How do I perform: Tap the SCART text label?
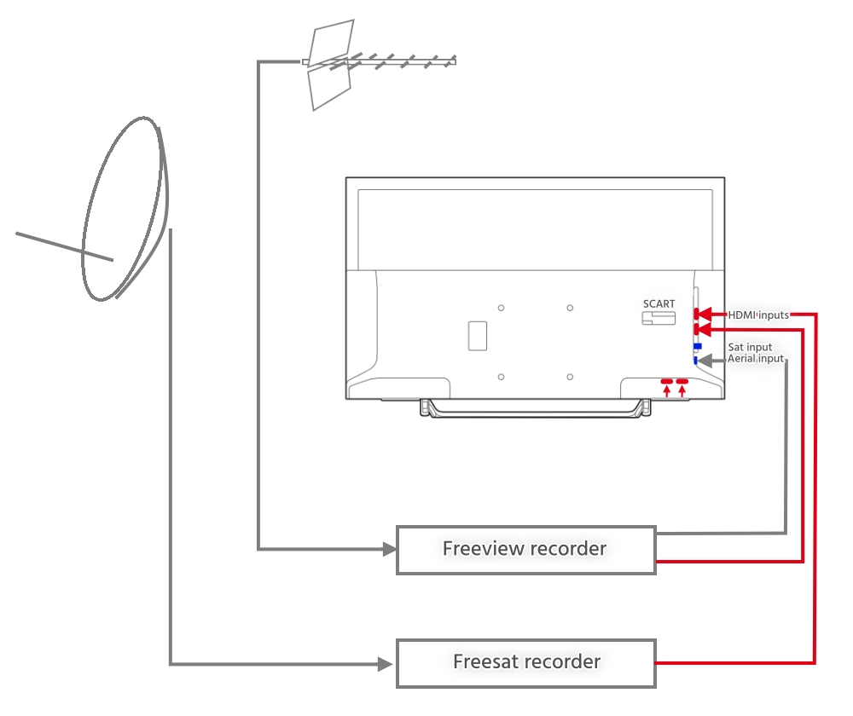pos(659,304)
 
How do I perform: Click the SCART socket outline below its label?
pos(659,318)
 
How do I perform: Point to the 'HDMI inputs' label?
pos(758,315)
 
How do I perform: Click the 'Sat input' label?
pos(750,347)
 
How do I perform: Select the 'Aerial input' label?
pos(756,358)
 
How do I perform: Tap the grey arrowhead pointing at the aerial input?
pos(705,360)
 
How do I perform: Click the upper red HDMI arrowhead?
pos(704,314)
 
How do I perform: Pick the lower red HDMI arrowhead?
pos(704,330)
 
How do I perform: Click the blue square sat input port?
pos(698,346)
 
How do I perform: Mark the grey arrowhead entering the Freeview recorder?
pos(390,549)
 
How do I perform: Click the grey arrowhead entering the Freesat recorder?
pos(386,664)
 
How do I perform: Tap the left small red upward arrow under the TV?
pos(667,390)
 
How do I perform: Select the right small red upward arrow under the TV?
pos(682,390)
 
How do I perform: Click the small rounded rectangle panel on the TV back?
pos(478,336)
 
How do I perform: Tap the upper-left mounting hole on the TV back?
pos(501,308)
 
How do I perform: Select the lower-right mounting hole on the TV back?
pos(570,377)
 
